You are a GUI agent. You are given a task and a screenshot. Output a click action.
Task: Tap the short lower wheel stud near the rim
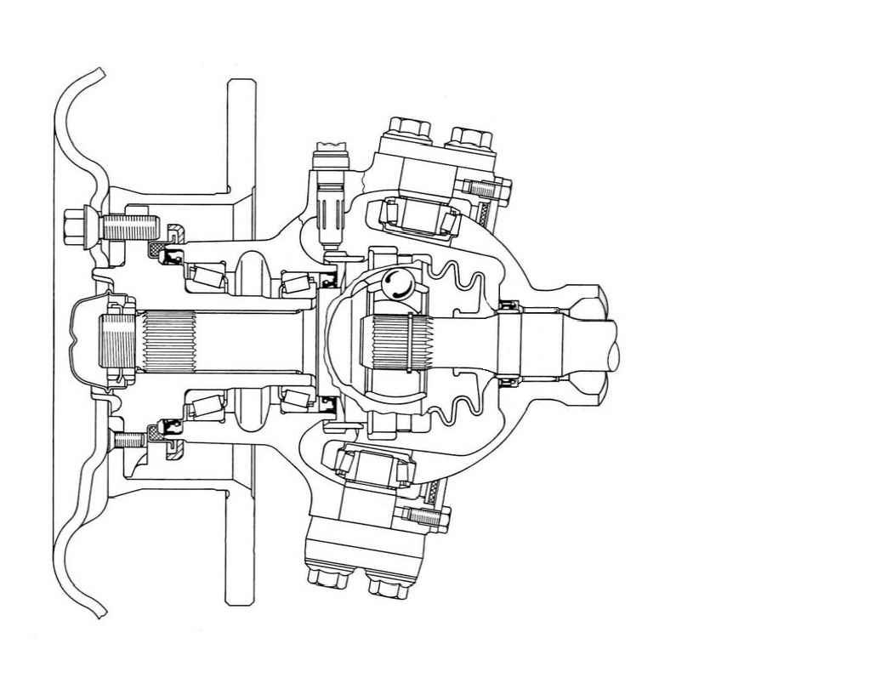tap(129, 441)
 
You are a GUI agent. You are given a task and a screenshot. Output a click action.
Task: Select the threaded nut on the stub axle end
tap(116, 345)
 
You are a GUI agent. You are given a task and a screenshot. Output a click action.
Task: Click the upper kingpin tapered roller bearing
tap(418, 214)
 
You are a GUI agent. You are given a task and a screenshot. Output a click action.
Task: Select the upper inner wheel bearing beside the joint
tap(297, 280)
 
